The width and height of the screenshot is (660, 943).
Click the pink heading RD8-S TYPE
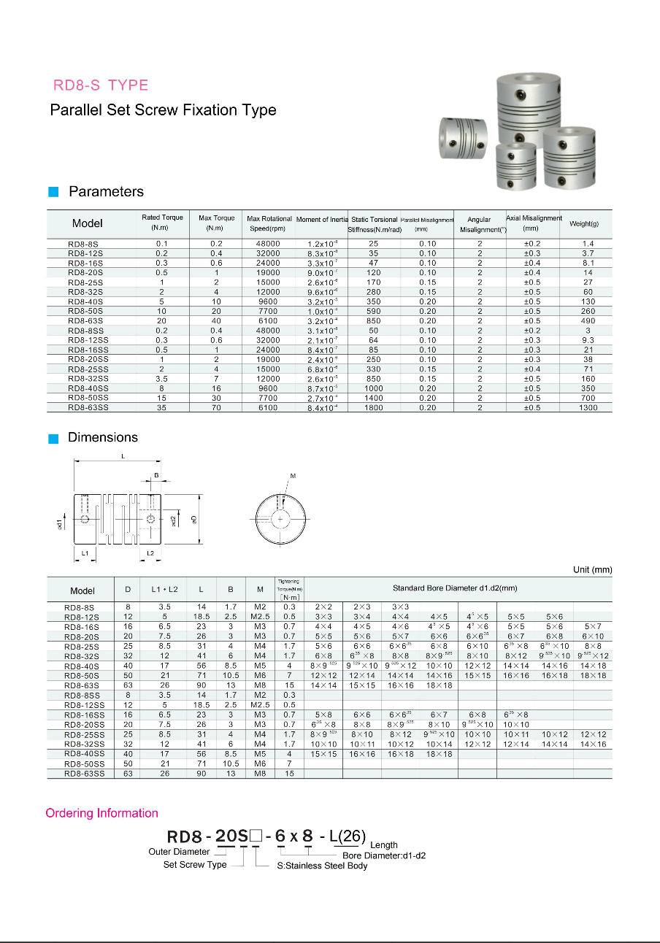(x=101, y=85)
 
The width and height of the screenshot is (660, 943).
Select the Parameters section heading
(x=106, y=192)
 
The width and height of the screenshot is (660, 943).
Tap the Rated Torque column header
(x=162, y=223)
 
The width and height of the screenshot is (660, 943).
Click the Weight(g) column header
(x=583, y=223)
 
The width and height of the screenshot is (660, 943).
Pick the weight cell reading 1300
(x=588, y=408)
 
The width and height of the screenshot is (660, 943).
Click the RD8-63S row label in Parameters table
(x=85, y=321)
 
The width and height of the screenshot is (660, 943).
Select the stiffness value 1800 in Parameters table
(x=374, y=408)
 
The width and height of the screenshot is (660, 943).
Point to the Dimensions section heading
(x=102, y=438)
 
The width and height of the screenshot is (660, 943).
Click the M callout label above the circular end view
(x=293, y=476)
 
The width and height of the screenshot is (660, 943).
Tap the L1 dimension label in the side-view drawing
(x=85, y=554)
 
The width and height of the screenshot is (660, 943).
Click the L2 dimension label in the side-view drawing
(x=150, y=554)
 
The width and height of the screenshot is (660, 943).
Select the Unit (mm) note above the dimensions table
(x=592, y=570)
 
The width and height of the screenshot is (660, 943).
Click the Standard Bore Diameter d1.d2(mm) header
(x=455, y=588)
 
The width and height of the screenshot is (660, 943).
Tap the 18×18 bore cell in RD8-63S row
(x=439, y=685)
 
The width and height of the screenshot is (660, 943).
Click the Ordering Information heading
(x=101, y=813)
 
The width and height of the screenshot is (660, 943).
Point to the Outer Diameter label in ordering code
(x=179, y=852)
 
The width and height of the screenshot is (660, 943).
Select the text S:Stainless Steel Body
(x=322, y=866)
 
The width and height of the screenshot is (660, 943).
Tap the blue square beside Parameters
(x=53, y=193)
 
